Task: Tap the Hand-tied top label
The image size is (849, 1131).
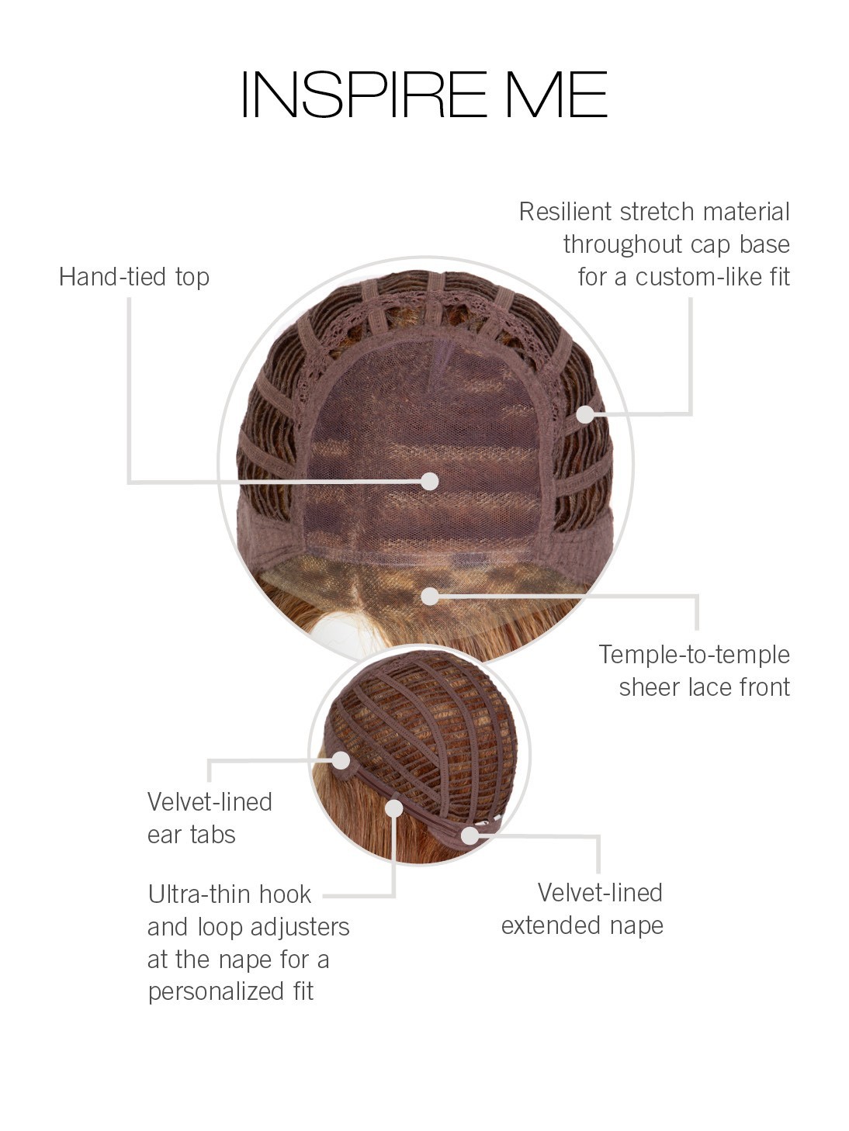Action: coord(134,277)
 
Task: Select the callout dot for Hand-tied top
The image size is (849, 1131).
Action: coord(429,481)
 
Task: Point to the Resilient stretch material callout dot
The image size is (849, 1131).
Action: coord(585,414)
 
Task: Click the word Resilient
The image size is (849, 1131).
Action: coord(566,212)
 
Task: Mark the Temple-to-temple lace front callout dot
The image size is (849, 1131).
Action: coord(429,597)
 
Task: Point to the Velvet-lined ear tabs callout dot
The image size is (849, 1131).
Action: coord(341,760)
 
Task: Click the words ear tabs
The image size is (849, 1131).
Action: coord(191,835)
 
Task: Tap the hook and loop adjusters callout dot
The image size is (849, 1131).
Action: coord(393,808)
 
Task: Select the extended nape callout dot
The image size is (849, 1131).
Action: coord(470,835)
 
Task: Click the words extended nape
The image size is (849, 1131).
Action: coord(582,926)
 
